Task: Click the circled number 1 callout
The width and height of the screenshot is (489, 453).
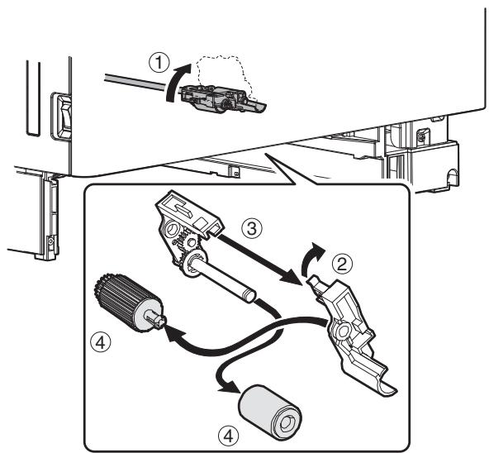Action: tap(159, 63)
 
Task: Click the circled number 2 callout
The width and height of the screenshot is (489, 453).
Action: tap(342, 265)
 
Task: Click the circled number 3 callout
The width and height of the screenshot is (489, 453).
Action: tap(252, 227)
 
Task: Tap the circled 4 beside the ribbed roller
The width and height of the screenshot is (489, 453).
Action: tap(101, 343)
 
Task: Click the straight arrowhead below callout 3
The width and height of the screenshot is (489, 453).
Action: tap(291, 278)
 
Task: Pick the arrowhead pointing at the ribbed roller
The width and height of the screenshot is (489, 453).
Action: tap(173, 335)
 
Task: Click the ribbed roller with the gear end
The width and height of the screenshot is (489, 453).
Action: tap(128, 303)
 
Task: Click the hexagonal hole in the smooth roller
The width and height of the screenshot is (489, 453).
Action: tap(286, 423)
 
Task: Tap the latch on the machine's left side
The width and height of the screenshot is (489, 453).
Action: tap(62, 116)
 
